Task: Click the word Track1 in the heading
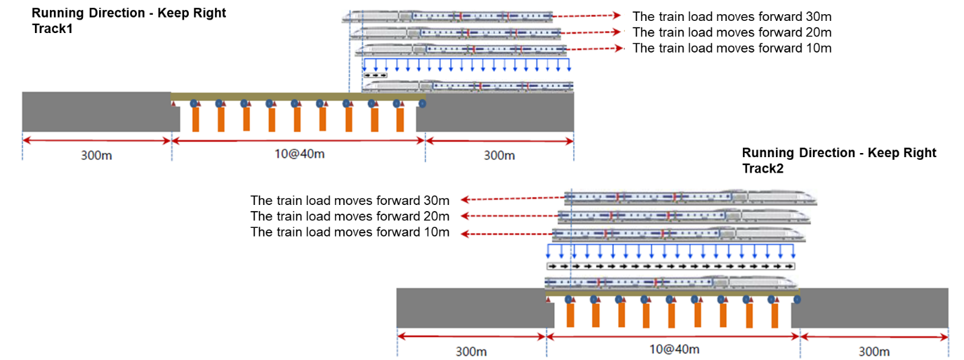(51, 30)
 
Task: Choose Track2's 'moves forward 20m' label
(349, 216)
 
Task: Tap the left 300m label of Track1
(96, 155)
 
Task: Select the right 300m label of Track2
(874, 351)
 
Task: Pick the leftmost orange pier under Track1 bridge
(195, 119)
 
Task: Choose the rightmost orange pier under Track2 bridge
(774, 314)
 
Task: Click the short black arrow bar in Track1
(375, 75)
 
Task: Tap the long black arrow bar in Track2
(671, 266)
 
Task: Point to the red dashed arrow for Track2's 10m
(506, 233)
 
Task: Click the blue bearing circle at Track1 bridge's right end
(422, 103)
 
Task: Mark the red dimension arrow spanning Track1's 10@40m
(298, 140)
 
